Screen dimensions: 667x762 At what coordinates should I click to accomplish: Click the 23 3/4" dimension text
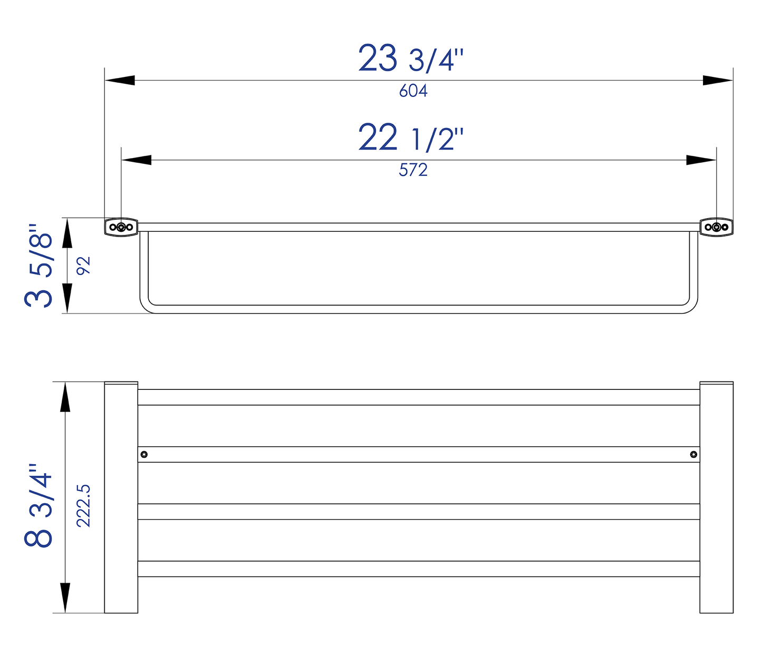411,58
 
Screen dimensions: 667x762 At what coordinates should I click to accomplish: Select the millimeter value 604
413,91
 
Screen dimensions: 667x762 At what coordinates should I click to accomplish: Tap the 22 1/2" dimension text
411,138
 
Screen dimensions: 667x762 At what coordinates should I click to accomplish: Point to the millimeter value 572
413,170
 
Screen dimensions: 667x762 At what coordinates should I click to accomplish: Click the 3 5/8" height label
39,266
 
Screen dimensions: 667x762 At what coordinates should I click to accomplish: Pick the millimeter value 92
84,266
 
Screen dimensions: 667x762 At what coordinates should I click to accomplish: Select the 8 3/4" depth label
39,506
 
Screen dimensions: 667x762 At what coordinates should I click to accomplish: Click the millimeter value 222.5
84,506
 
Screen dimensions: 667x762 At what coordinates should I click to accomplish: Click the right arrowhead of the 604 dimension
718,80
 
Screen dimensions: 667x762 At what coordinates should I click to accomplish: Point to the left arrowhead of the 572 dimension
136,160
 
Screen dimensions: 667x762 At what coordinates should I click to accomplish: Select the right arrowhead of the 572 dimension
701,160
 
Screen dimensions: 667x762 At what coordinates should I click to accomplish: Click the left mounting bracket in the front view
121,227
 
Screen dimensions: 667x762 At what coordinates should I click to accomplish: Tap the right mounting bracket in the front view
716,227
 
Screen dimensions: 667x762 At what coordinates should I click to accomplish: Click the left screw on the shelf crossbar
144,454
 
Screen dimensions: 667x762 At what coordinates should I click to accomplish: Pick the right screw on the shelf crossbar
694,454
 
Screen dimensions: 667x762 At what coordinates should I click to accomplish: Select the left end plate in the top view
121,497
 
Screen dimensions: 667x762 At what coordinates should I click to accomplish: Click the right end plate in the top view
716,497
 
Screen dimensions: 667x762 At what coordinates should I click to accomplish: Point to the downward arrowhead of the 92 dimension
67,298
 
